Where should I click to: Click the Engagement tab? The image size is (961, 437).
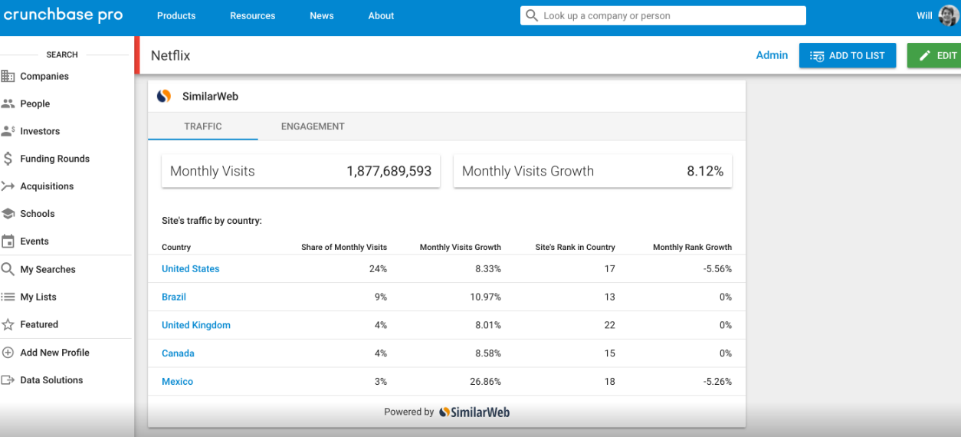tap(313, 127)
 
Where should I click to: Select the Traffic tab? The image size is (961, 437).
tap(203, 127)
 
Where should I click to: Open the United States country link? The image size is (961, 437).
tap(190, 269)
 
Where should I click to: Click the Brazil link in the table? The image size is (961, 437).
tap(174, 297)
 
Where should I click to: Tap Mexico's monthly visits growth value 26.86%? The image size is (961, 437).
tap(485, 382)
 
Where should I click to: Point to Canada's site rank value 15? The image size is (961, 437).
tap(609, 353)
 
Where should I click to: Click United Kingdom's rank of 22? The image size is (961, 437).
tap(609, 325)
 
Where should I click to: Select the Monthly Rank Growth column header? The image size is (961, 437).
tap(692, 248)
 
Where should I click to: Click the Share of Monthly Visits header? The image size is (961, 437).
tap(344, 248)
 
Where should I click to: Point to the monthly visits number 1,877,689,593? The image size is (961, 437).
tap(389, 172)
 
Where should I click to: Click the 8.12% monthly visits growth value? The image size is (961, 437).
tap(705, 172)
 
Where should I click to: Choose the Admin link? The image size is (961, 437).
tap(772, 55)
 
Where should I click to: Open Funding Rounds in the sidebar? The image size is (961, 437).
tap(54, 159)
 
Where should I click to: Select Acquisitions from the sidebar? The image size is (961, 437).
tap(47, 186)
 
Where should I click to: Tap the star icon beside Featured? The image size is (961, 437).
tap(8, 325)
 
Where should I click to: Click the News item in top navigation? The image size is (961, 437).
tap(322, 15)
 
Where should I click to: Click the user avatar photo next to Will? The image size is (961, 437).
tap(948, 15)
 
